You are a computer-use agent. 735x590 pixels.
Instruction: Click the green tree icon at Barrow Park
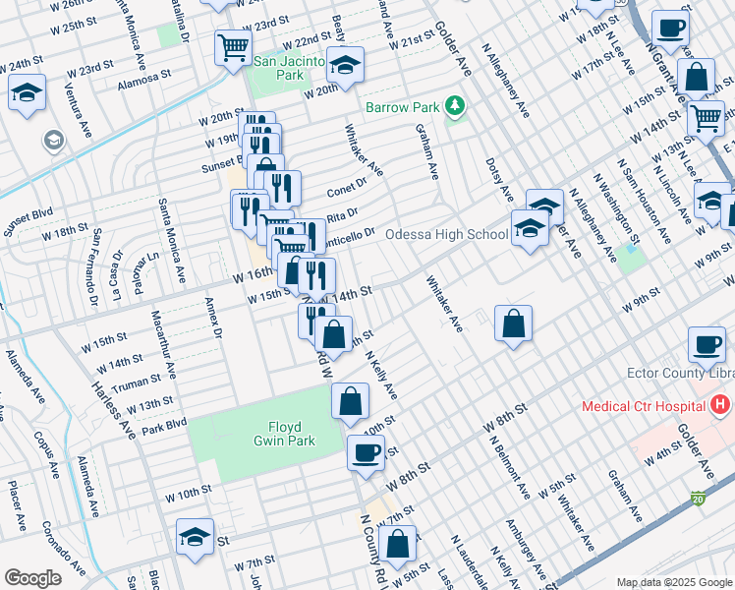click(454, 105)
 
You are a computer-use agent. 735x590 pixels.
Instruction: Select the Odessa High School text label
click(445, 235)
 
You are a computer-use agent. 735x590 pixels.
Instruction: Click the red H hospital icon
click(721, 405)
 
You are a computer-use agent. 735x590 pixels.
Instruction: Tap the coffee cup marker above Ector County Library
click(707, 344)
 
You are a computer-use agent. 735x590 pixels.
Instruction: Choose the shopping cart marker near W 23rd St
click(233, 46)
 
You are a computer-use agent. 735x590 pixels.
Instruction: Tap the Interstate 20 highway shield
click(698, 499)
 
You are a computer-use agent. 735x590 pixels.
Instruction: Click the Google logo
click(32, 578)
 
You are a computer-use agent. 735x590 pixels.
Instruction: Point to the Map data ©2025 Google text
click(673, 582)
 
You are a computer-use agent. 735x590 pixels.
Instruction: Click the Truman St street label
click(137, 383)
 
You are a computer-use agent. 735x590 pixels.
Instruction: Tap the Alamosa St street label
click(143, 73)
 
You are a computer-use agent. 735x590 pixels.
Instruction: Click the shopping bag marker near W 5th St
click(398, 543)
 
